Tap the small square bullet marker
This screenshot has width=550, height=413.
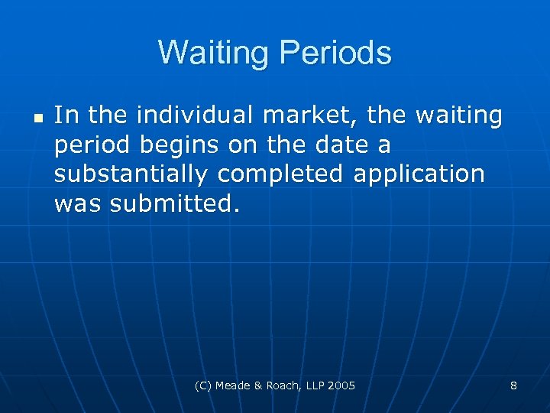(x=37, y=118)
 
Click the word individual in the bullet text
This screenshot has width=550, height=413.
(x=179, y=115)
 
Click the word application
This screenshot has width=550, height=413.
(x=419, y=174)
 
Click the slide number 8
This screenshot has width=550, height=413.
(x=513, y=385)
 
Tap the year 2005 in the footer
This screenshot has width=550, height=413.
(x=341, y=385)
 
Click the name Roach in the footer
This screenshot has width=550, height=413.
(x=284, y=385)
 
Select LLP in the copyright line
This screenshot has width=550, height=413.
(x=314, y=385)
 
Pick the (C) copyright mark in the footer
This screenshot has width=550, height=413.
(x=205, y=385)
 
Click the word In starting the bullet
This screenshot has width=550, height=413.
(x=66, y=115)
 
